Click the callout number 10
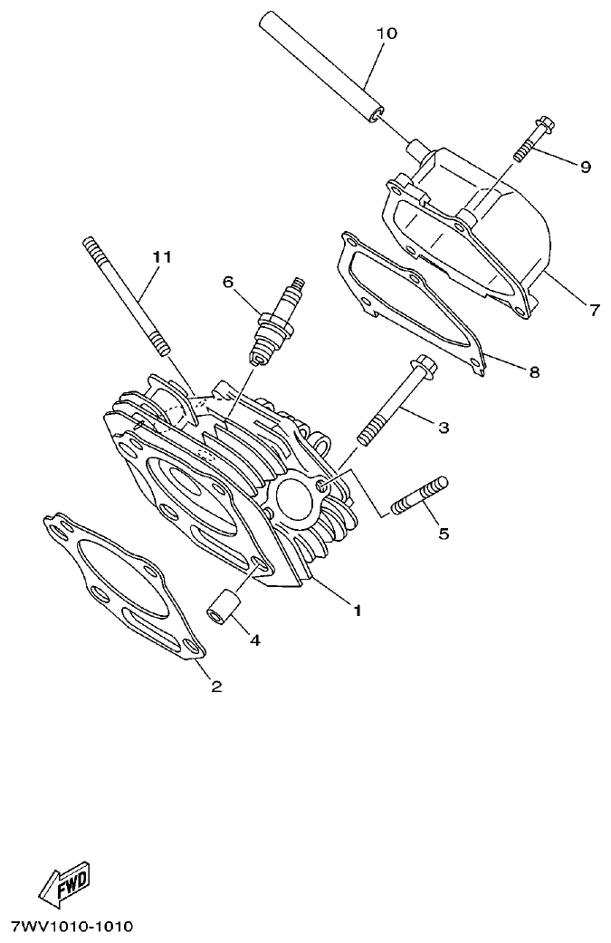point(386,34)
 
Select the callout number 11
point(161,257)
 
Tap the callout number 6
point(229,282)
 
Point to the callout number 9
point(585,167)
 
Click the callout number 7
point(594,311)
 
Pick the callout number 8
point(534,371)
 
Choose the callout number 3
point(444,427)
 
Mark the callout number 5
point(444,534)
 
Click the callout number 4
point(254,640)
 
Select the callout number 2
point(216,686)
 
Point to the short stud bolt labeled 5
point(419,497)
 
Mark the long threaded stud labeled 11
point(127,294)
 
